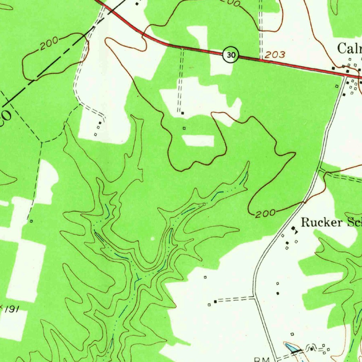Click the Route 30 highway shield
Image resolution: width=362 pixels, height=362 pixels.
[230, 55]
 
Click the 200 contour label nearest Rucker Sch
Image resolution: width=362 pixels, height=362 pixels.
[265, 213]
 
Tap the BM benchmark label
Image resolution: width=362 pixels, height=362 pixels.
[262, 359]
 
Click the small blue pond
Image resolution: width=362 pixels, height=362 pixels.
[291, 348]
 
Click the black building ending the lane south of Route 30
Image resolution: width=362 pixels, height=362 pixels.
[182, 113]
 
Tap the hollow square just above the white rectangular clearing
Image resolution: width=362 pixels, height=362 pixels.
[184, 128]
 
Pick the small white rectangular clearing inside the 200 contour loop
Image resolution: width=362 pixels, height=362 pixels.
[198, 140]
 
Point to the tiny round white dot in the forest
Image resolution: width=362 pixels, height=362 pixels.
[153, 239]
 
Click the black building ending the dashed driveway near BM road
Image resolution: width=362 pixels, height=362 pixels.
[215, 301]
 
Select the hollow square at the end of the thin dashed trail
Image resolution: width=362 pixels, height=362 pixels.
[31, 221]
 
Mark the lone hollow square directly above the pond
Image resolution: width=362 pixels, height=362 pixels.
[292, 334]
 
